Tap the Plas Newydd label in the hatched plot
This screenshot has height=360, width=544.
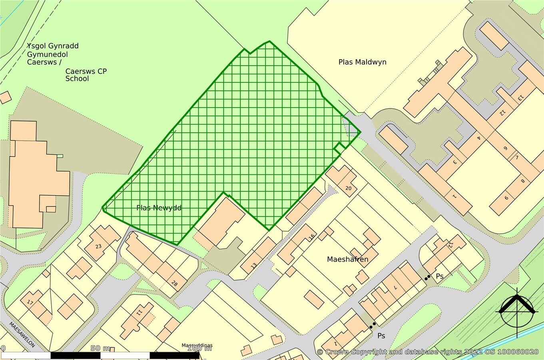point(159,208)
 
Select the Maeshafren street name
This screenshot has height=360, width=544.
point(347,259)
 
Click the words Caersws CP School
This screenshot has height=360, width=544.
point(86,75)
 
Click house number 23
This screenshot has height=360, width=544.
point(98,246)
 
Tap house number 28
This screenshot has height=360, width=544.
point(174,284)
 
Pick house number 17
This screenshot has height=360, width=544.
point(30,302)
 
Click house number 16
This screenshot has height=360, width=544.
point(312,236)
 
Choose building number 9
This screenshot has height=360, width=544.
point(506,198)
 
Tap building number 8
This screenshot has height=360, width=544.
point(522,181)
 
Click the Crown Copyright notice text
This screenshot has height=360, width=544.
point(427,352)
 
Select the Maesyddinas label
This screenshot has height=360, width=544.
point(197,345)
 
